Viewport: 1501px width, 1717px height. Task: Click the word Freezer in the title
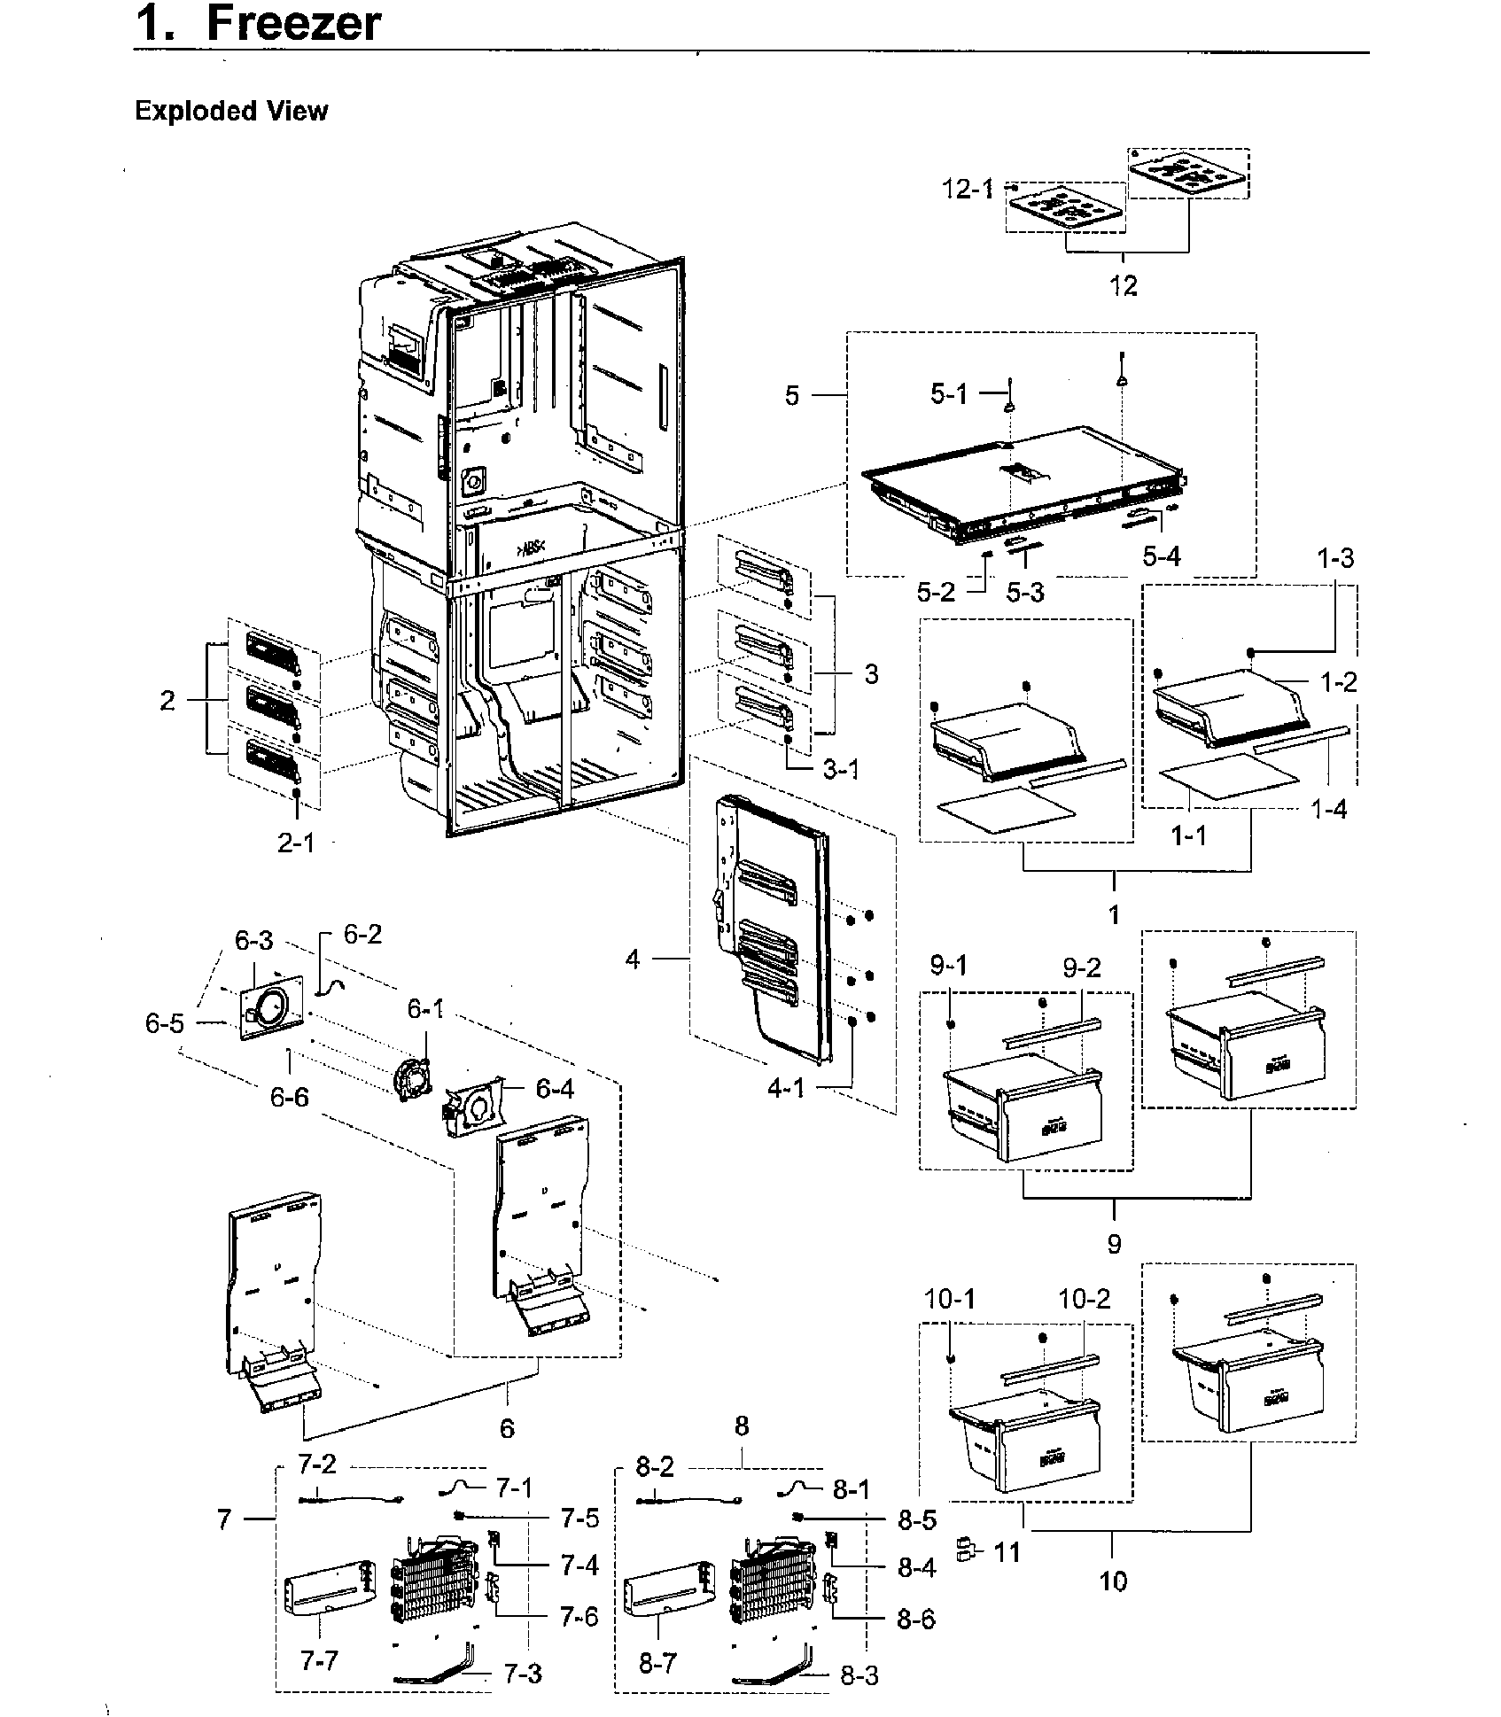point(292,24)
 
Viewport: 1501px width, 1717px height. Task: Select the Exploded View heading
point(230,112)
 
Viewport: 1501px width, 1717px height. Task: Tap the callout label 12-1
point(968,189)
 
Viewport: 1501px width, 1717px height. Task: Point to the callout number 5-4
point(1161,556)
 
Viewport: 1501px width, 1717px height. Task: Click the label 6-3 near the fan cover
point(253,941)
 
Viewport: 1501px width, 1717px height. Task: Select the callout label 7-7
point(318,1659)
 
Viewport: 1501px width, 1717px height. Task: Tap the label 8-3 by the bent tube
point(859,1676)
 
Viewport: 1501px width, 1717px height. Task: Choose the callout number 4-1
point(785,1087)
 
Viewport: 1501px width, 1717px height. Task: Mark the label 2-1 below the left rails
point(296,843)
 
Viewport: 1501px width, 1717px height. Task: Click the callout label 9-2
point(1082,967)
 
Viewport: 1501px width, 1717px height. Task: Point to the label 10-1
point(950,1299)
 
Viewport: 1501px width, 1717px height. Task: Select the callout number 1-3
point(1334,558)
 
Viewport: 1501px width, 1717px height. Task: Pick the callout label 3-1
point(841,769)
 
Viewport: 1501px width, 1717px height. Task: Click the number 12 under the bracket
point(1124,285)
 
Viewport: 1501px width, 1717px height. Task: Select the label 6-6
point(290,1097)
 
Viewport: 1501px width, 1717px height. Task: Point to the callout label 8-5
point(917,1520)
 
